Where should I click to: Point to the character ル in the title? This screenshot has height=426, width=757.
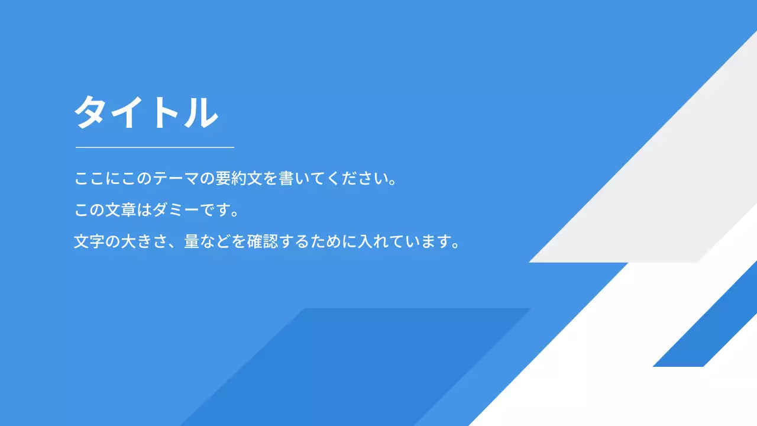click(199, 112)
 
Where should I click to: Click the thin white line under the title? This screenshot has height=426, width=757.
click(155, 147)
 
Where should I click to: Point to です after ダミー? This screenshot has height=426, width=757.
click(214, 211)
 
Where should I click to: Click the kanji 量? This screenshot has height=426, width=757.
click(192, 242)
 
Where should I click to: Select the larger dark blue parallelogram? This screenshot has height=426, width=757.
click(355, 367)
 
